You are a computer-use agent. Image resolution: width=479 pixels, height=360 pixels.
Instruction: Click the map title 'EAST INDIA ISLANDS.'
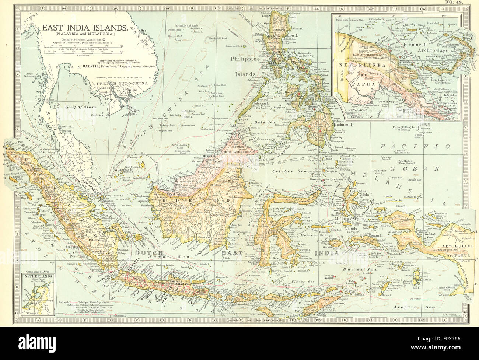(85, 27)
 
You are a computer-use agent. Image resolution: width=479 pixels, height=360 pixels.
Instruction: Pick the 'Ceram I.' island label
(377, 235)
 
